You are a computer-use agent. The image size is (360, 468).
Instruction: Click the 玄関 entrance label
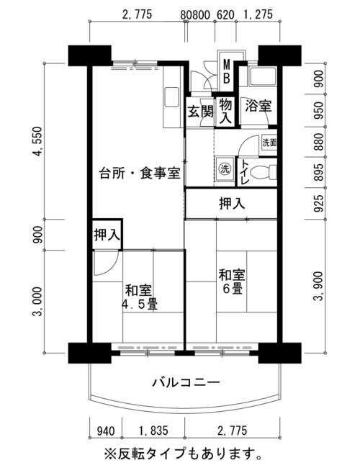click(201, 112)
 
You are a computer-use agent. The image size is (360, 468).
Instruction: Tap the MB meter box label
click(227, 71)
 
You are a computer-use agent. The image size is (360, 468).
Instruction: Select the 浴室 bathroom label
click(258, 106)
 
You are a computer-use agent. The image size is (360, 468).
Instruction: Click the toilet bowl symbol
click(264, 173)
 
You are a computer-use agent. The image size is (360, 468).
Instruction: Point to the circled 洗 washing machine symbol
click(225, 169)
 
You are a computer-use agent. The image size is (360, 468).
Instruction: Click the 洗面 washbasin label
click(269, 143)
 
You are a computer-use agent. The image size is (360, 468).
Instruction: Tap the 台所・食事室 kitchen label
click(140, 173)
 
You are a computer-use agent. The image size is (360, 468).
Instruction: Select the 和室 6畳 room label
click(232, 282)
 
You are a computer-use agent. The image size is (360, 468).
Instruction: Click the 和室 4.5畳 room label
click(139, 297)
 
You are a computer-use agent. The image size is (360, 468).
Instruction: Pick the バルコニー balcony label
click(186, 382)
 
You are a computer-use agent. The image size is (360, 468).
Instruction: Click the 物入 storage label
click(225, 112)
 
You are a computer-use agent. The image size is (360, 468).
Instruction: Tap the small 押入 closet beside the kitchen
click(107, 235)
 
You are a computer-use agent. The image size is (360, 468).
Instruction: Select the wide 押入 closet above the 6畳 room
click(232, 204)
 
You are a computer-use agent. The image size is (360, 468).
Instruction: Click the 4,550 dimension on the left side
click(38, 141)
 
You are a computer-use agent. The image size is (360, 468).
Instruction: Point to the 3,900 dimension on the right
click(319, 287)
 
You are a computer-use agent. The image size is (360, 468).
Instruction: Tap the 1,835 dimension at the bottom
click(153, 431)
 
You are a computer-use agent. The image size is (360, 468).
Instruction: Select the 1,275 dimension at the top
click(258, 14)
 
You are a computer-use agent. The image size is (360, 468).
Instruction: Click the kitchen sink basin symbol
click(171, 96)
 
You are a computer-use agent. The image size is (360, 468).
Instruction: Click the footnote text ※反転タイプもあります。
click(183, 454)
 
